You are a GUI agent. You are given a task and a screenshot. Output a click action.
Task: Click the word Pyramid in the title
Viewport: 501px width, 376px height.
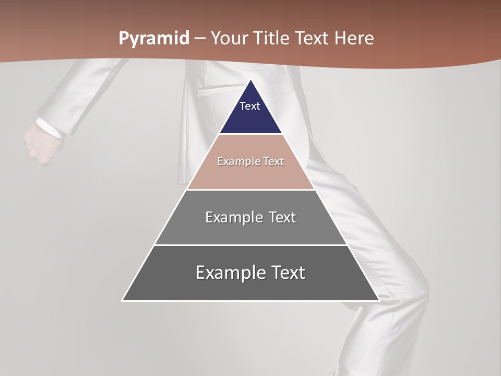(x=153, y=39)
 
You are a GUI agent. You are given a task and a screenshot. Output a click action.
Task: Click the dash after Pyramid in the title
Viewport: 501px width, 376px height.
(x=200, y=39)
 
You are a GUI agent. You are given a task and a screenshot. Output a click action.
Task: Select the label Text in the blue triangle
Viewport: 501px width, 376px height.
(x=250, y=106)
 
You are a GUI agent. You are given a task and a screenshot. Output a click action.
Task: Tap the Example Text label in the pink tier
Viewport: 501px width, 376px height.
(x=250, y=161)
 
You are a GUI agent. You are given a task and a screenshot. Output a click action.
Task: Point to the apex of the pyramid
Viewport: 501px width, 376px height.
(x=250, y=80)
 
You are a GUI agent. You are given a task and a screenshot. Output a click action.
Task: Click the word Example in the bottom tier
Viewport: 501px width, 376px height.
(x=225, y=273)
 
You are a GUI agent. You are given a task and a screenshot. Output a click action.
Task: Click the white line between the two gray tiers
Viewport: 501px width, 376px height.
(x=250, y=245)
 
